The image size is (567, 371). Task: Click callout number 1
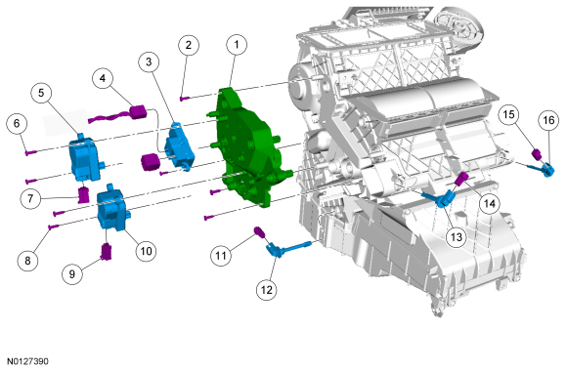click(x=237, y=45)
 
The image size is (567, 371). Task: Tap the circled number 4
click(x=103, y=78)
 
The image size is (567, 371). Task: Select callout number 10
click(x=146, y=251)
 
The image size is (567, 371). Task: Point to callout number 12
click(x=267, y=290)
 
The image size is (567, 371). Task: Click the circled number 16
click(x=548, y=120)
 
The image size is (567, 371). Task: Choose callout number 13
click(x=457, y=237)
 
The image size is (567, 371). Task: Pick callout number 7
click(x=30, y=198)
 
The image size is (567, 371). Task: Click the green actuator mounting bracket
click(x=249, y=148)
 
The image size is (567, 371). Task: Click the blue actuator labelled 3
click(x=179, y=145)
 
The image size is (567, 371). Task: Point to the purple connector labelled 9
click(x=106, y=252)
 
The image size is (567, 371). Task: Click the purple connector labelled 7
click(x=84, y=195)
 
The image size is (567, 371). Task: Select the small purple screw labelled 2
click(x=185, y=98)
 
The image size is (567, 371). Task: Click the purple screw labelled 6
click(x=30, y=153)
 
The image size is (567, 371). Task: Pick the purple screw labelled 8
click(x=53, y=227)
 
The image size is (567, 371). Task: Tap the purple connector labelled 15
click(x=537, y=154)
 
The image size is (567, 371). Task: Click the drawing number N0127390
click(x=27, y=361)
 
